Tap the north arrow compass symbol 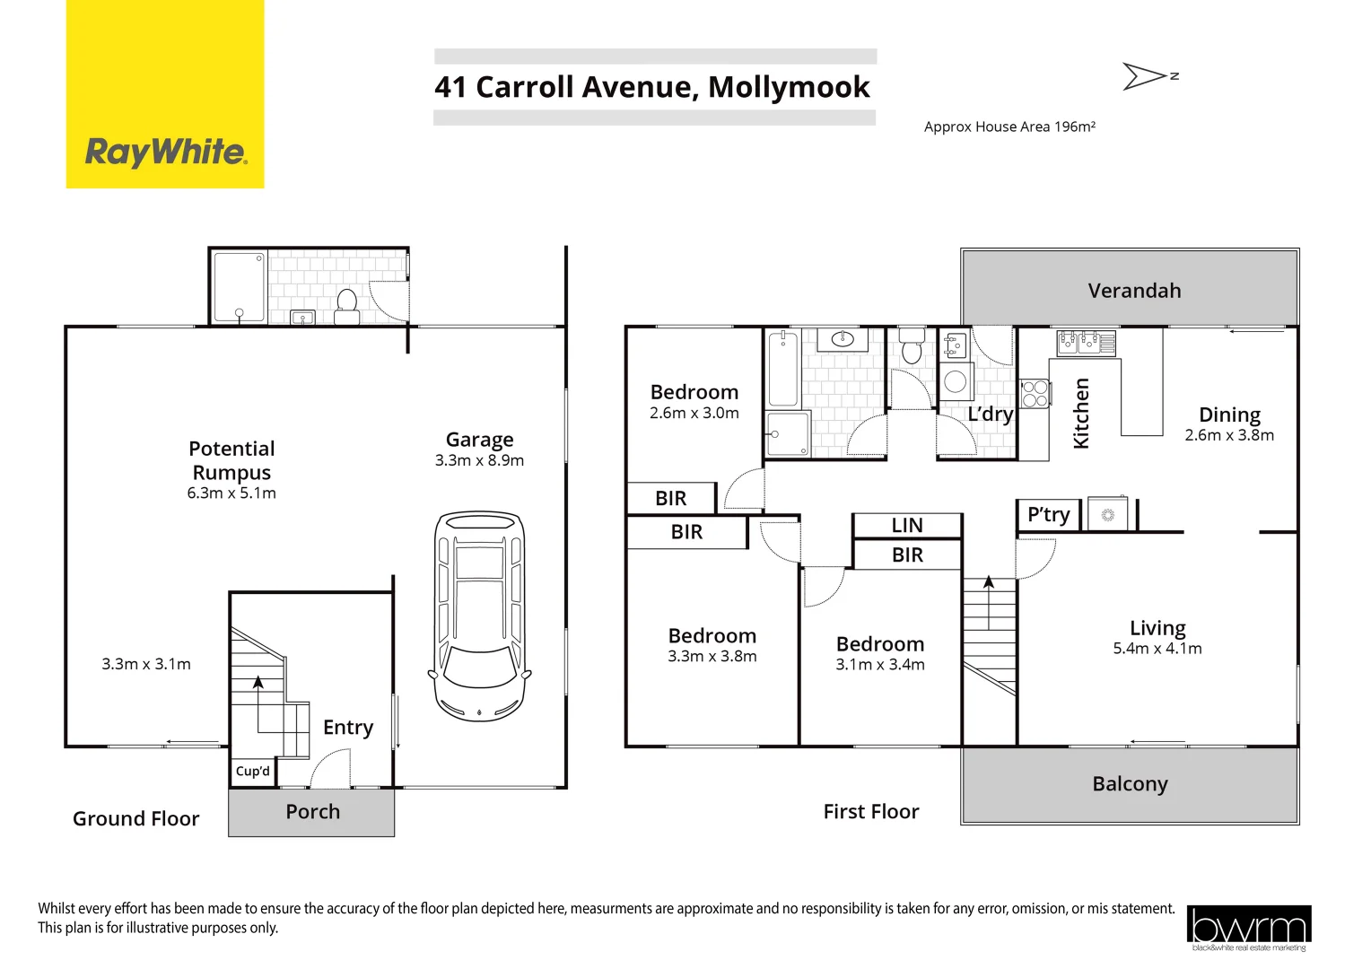coord(1148,76)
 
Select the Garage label coord(480,440)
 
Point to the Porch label coord(312,812)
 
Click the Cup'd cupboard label coord(252,772)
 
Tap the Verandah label coord(1134,291)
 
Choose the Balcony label coord(1130,784)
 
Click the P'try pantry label coord(1048,515)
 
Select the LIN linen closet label coord(907,526)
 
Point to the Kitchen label coord(1081,413)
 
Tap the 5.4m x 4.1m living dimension coord(1157,649)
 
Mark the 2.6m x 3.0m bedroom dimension coord(694,414)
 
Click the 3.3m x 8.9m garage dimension coord(479,461)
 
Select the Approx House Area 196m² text coord(1009,127)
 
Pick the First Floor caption coord(871,812)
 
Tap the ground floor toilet coord(346,304)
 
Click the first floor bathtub coord(783,369)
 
